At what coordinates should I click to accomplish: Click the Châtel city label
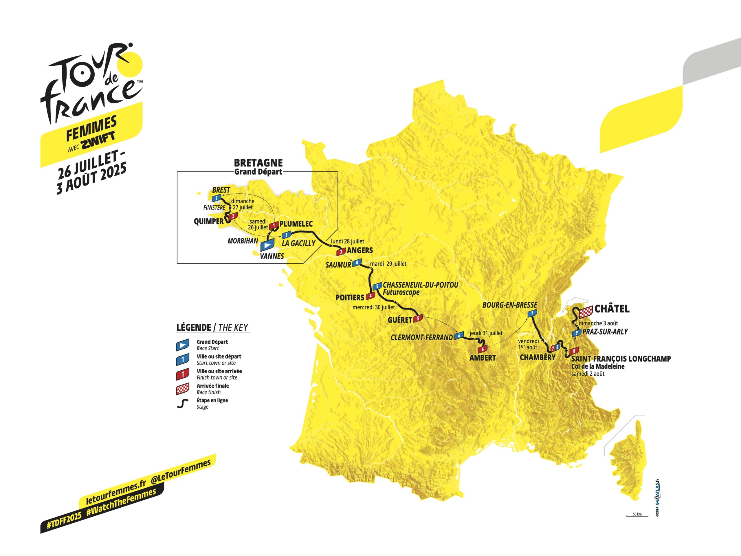click(x=612, y=309)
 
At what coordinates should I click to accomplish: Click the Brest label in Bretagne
click(x=221, y=190)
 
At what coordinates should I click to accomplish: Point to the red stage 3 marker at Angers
click(x=341, y=251)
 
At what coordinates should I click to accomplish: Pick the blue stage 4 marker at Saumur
click(x=357, y=262)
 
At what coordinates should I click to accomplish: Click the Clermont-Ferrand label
click(x=421, y=337)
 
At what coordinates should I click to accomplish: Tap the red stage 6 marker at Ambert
click(x=483, y=349)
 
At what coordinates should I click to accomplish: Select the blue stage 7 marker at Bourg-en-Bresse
click(x=532, y=313)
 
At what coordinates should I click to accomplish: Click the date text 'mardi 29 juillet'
click(x=388, y=264)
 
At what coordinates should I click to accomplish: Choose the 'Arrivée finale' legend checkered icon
click(x=183, y=390)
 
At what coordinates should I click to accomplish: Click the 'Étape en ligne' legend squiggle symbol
click(x=182, y=404)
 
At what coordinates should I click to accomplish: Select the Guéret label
click(x=400, y=320)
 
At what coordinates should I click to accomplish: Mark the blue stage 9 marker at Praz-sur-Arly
click(x=576, y=333)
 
